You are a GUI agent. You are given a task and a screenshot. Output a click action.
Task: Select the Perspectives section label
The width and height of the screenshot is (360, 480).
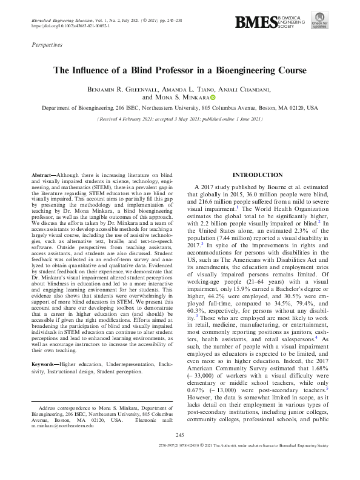pyautogui.click(x=47, y=45)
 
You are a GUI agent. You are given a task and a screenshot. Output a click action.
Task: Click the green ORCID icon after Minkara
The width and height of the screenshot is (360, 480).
pyautogui.click(x=213, y=97)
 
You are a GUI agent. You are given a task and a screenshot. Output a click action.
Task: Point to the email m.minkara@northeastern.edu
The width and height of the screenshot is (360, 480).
pyautogui.click(x=64, y=425)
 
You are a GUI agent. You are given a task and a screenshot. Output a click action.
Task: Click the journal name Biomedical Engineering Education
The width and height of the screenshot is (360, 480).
pyautogui.click(x=63, y=21)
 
